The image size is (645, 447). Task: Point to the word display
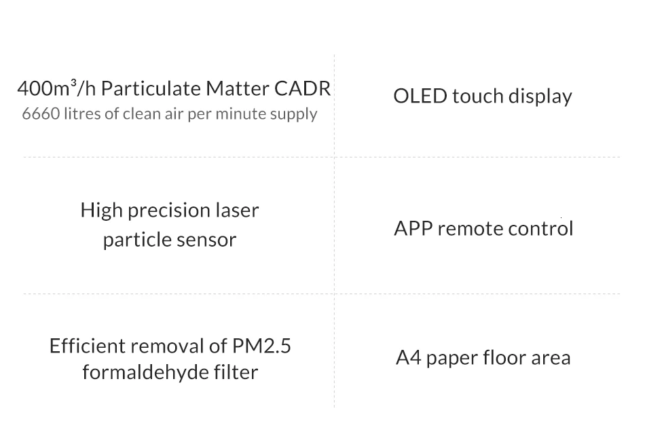pos(541,96)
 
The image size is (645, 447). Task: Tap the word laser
pos(238,211)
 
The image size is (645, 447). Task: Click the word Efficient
pos(87,346)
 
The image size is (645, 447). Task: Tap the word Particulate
pos(151,89)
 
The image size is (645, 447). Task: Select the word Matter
pos(237,89)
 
